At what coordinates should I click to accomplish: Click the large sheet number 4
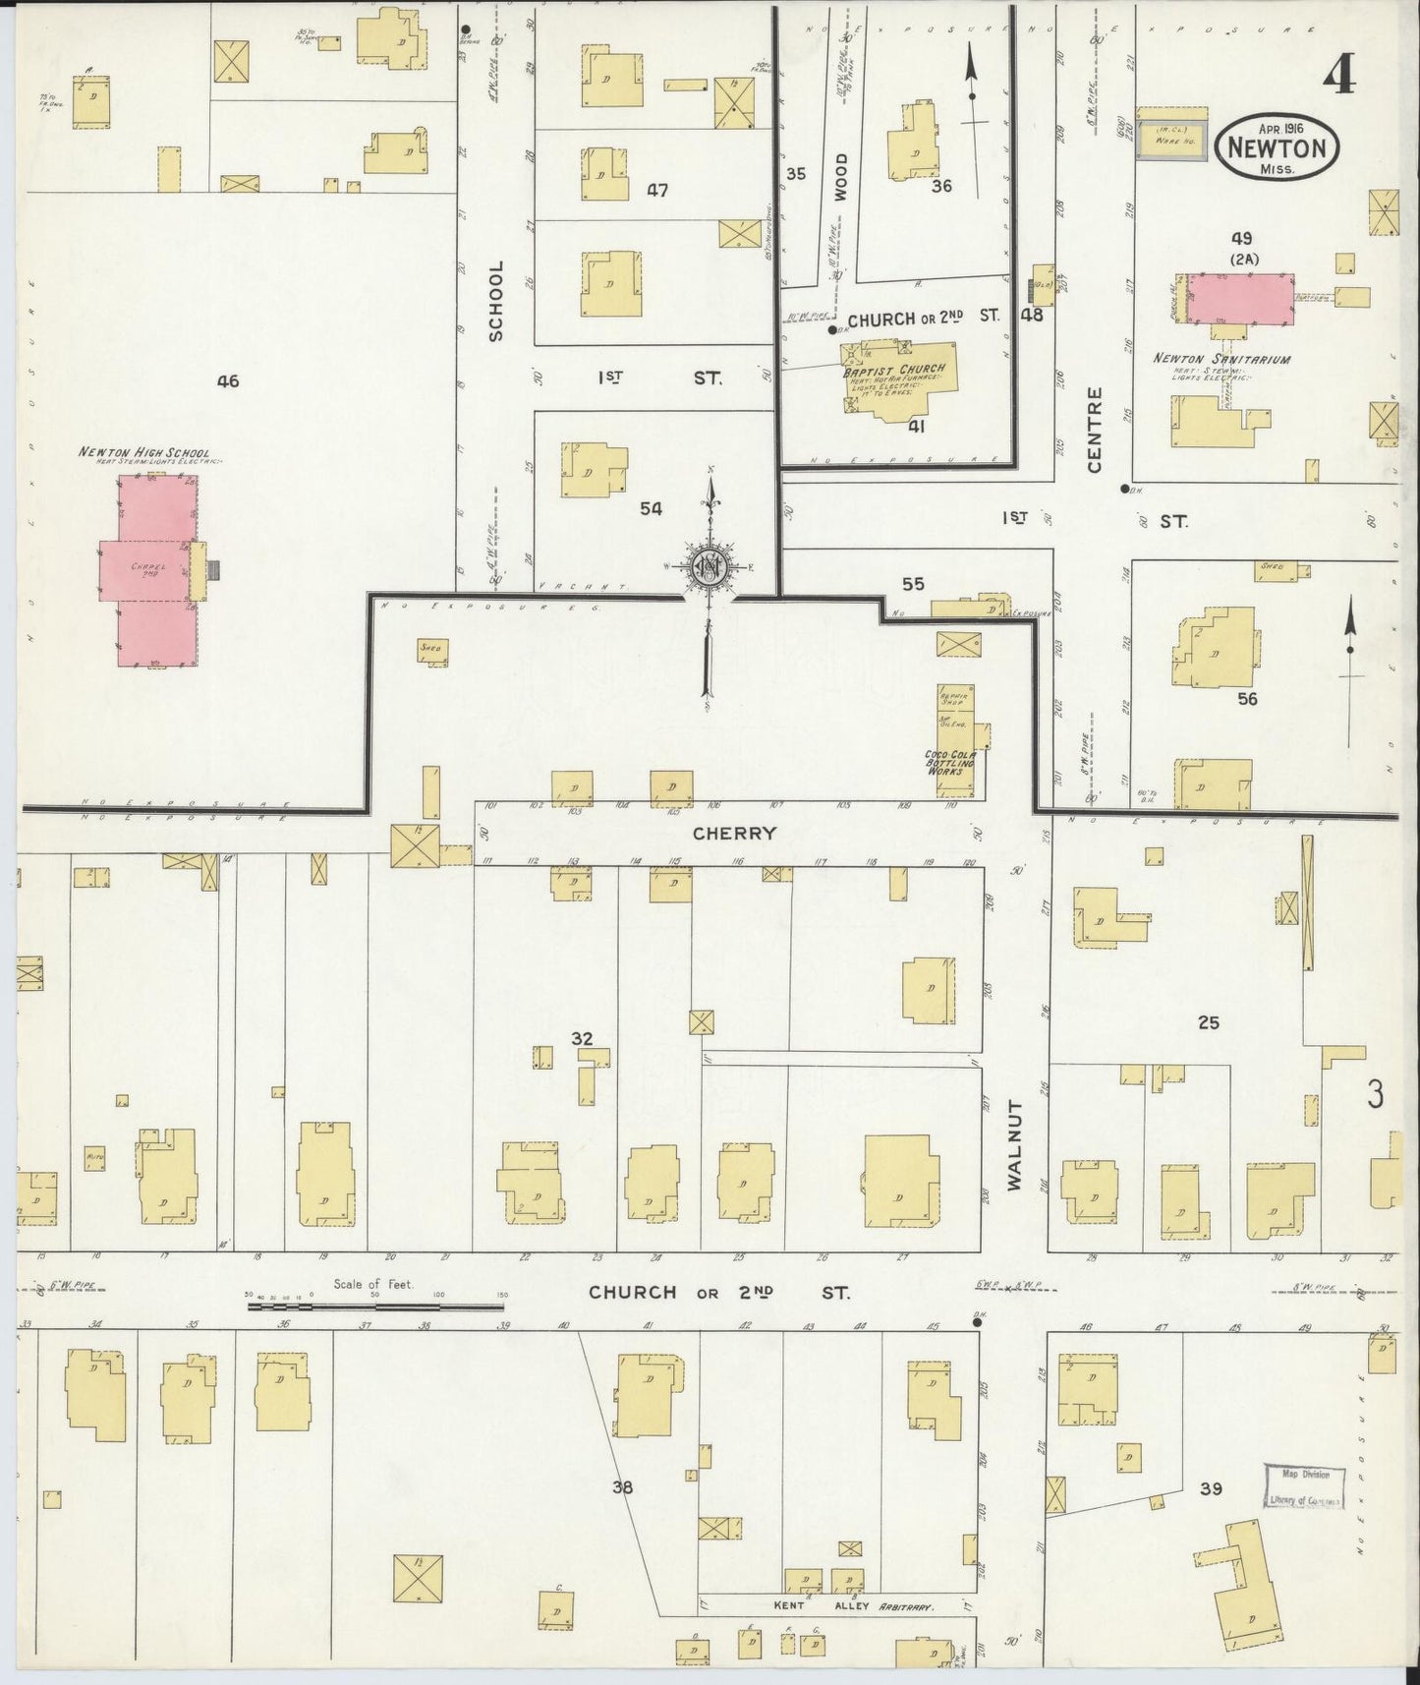pos(1337,77)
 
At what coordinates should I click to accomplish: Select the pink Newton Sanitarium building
pos(1239,298)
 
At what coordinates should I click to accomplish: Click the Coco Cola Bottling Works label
pos(948,763)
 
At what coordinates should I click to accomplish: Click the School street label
pos(495,300)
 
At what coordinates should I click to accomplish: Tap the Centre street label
pos(1095,430)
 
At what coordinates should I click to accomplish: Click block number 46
pos(228,381)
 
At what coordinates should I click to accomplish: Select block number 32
pos(582,1038)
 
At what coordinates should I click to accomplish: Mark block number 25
pos(1208,1022)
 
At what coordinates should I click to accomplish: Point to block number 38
pos(622,1487)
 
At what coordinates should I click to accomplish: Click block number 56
pos(1247,699)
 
